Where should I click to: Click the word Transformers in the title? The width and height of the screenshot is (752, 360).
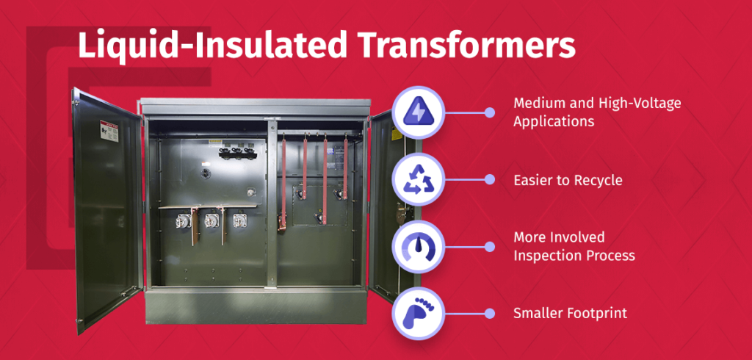tap(467, 45)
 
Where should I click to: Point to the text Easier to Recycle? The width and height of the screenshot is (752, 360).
tap(568, 181)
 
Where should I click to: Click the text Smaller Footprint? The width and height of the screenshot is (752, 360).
tap(570, 314)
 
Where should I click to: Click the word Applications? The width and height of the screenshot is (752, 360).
tap(554, 121)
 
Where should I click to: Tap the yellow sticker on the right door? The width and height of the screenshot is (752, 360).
tap(394, 134)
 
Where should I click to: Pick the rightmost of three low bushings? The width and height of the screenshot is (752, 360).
tap(238, 220)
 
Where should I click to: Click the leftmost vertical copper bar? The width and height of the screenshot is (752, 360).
tap(282, 184)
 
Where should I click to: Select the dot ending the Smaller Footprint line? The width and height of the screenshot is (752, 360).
tap(490, 314)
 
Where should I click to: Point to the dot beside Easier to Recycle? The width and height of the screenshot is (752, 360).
tap(490, 179)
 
